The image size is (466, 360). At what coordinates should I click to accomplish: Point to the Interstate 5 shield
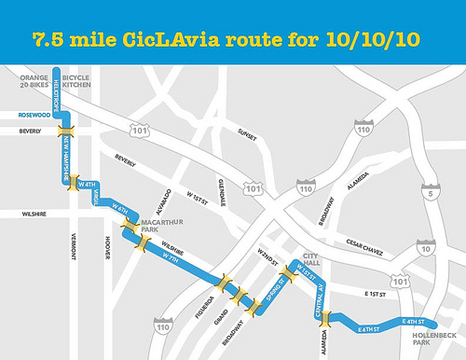[x=427, y=193]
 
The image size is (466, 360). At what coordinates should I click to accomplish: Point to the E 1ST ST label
[x=372, y=295]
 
